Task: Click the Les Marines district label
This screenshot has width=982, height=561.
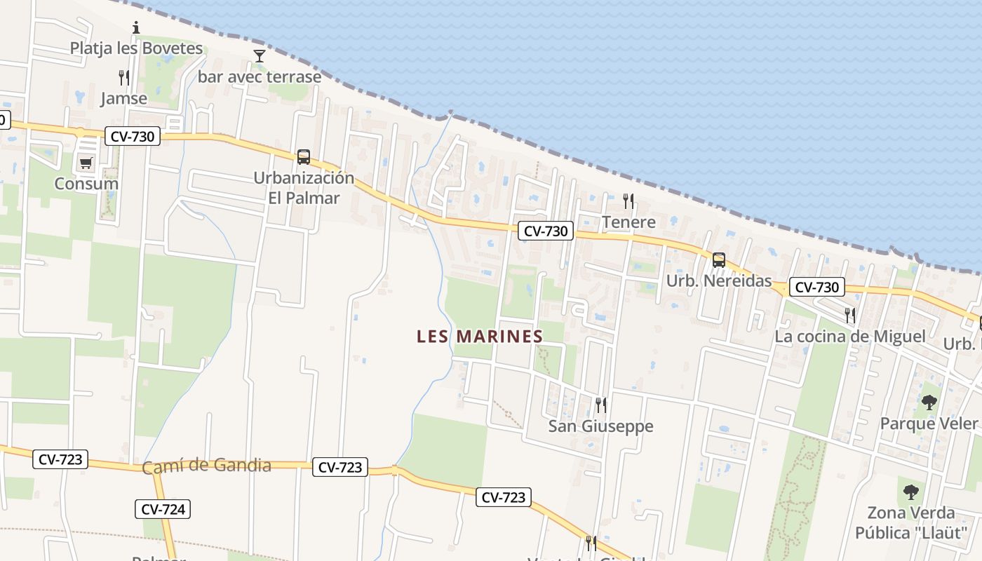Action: pos(480,337)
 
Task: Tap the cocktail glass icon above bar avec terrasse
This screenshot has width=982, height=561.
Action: pos(260,56)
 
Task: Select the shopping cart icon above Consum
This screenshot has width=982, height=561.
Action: pos(86,163)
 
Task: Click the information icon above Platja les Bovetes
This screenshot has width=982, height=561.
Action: pos(136,28)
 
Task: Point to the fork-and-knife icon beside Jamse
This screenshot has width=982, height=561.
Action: pos(124,77)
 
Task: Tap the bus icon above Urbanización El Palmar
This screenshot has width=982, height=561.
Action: pos(303,156)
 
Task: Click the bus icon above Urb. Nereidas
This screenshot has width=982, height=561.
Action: pos(718,260)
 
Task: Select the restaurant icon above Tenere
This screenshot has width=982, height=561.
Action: pos(628,201)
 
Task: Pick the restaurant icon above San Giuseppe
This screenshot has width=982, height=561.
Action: pos(600,405)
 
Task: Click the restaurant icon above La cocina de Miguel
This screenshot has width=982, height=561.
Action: pos(850,315)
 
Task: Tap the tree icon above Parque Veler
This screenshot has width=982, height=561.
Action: pos(929,403)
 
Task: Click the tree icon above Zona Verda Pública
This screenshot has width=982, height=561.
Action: pos(910,492)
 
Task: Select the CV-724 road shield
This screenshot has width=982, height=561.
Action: pos(163,509)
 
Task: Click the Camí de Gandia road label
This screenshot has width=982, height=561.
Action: pos(206,466)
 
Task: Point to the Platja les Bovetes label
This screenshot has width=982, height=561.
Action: pos(136,48)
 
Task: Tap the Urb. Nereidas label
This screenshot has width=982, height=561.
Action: pos(718,281)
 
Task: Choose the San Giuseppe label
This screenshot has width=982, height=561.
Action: pos(600,426)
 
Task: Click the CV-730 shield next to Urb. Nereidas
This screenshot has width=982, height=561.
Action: pos(816,287)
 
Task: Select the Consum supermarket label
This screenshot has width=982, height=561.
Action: pos(86,184)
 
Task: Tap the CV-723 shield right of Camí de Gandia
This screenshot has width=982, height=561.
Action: pos(340,467)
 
